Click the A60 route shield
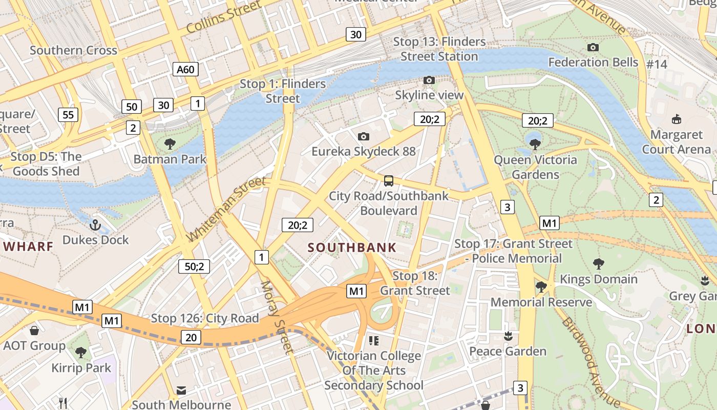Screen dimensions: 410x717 click(185, 69)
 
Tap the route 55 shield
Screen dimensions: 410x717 click(68, 114)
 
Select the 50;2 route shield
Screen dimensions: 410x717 click(194, 266)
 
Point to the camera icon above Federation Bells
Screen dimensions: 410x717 click(593, 48)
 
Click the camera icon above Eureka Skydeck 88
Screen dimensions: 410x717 click(364, 136)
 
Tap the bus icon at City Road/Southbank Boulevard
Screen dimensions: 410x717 click(389, 181)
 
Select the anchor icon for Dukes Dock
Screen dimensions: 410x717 click(95, 225)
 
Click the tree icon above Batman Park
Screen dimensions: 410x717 click(170, 144)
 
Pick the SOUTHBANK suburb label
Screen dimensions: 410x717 click(352, 248)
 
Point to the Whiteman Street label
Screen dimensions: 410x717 click(226, 209)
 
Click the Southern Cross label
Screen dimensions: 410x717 click(73, 50)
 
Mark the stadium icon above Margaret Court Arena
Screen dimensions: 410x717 click(677, 119)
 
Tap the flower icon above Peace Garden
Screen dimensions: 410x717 click(508, 336)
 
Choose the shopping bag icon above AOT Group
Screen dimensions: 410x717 click(34, 331)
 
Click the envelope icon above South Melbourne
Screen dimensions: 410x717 click(181, 391)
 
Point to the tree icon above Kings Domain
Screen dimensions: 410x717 click(598, 264)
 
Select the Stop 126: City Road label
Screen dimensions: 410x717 click(205, 318)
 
